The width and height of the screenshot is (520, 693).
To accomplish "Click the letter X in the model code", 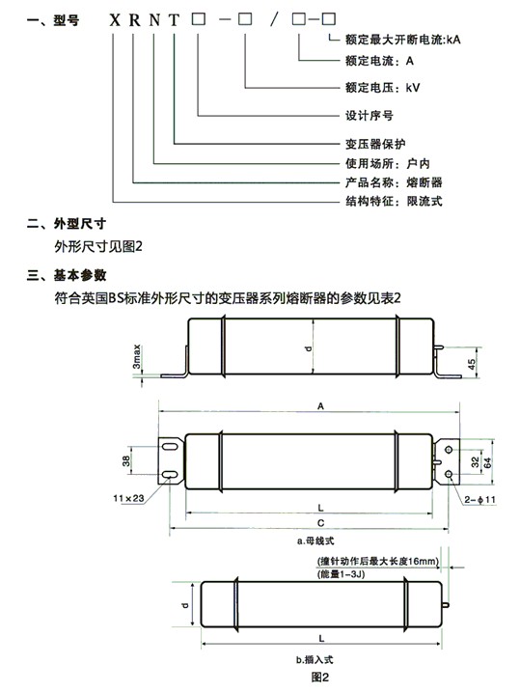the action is pos(115,20).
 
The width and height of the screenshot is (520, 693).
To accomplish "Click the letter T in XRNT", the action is pos(174,20).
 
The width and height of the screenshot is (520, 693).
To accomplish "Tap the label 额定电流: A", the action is pos(379,61).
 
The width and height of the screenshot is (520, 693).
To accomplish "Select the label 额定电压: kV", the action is pos(383,88).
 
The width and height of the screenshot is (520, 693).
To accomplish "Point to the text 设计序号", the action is pos(369,116).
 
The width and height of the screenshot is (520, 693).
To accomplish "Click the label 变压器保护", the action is pos(375,144).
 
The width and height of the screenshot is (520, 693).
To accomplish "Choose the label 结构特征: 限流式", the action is pos(394,202).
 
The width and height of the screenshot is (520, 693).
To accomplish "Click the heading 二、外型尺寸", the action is pos(67,224).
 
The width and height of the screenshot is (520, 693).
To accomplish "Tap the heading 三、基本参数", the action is pos(67,275).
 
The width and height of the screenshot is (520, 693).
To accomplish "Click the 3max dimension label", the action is pos(137,357).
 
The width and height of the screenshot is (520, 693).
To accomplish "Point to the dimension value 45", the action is pos(472,364).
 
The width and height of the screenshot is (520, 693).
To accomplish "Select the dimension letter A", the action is pos(320,405).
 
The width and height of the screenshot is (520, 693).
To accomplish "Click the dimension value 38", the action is pos(126,461).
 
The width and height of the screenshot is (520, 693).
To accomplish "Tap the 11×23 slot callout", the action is pos(128,498).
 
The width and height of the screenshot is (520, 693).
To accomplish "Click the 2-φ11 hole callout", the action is pos(480,500).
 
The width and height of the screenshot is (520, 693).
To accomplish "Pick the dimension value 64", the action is pos(487,462).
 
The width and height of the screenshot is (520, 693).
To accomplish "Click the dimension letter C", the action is pos(320,523).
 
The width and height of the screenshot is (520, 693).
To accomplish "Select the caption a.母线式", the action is pos(315,541).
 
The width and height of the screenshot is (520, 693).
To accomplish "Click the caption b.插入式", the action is pos(315,660).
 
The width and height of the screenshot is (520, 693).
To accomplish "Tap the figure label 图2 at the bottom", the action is pos(320,678).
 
